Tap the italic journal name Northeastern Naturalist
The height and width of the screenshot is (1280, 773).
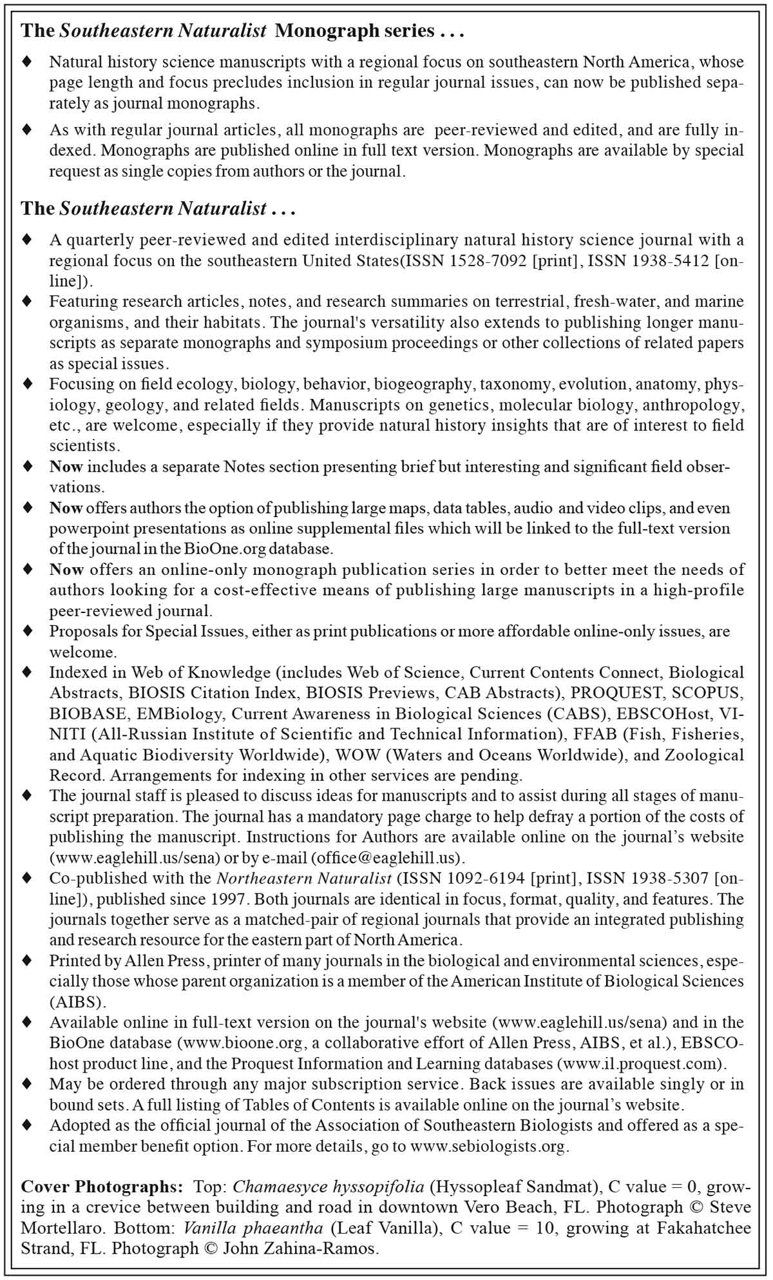click(x=304, y=878)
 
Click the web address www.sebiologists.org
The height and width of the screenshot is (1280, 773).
click(x=489, y=1147)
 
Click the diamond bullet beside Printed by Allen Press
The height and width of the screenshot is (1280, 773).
click(x=27, y=960)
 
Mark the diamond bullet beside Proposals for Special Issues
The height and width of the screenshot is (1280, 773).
click(x=27, y=630)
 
